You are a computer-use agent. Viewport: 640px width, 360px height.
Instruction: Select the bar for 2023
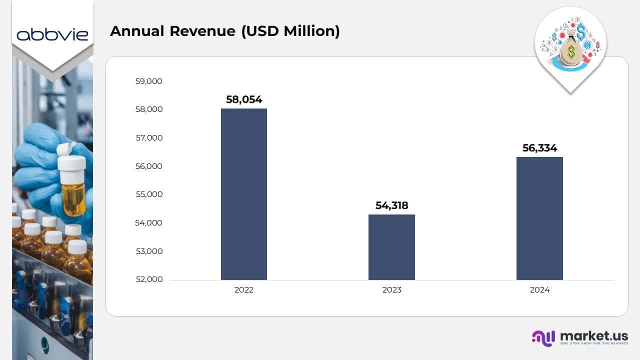coord(391,247)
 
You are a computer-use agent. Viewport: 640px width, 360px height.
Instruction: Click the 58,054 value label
coord(244,99)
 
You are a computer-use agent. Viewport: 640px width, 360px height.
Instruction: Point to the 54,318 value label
coord(391,205)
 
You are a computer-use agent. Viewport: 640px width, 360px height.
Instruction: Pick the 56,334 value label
coord(539,148)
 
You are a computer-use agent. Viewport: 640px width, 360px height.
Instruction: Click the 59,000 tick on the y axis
coord(148,81)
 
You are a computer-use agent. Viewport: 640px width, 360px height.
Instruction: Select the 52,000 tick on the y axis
coord(148,279)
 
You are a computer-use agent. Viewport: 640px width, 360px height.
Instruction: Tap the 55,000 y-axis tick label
coord(148,194)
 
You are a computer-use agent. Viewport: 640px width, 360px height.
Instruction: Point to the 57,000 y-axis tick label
coord(148,137)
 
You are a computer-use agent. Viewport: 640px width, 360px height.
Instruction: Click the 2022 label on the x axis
coord(244,290)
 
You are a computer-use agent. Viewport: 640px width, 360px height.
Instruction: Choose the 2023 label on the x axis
coord(391,290)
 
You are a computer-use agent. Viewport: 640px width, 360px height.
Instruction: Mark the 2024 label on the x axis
coord(539,290)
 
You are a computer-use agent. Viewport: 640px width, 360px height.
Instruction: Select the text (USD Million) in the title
coord(290,31)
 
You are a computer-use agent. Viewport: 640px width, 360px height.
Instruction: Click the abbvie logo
coord(52,34)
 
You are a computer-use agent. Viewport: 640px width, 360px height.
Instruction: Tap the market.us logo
coord(579,337)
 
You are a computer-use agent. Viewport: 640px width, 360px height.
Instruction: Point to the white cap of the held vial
coord(71,163)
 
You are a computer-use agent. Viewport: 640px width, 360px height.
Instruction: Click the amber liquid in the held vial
coord(73,198)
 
